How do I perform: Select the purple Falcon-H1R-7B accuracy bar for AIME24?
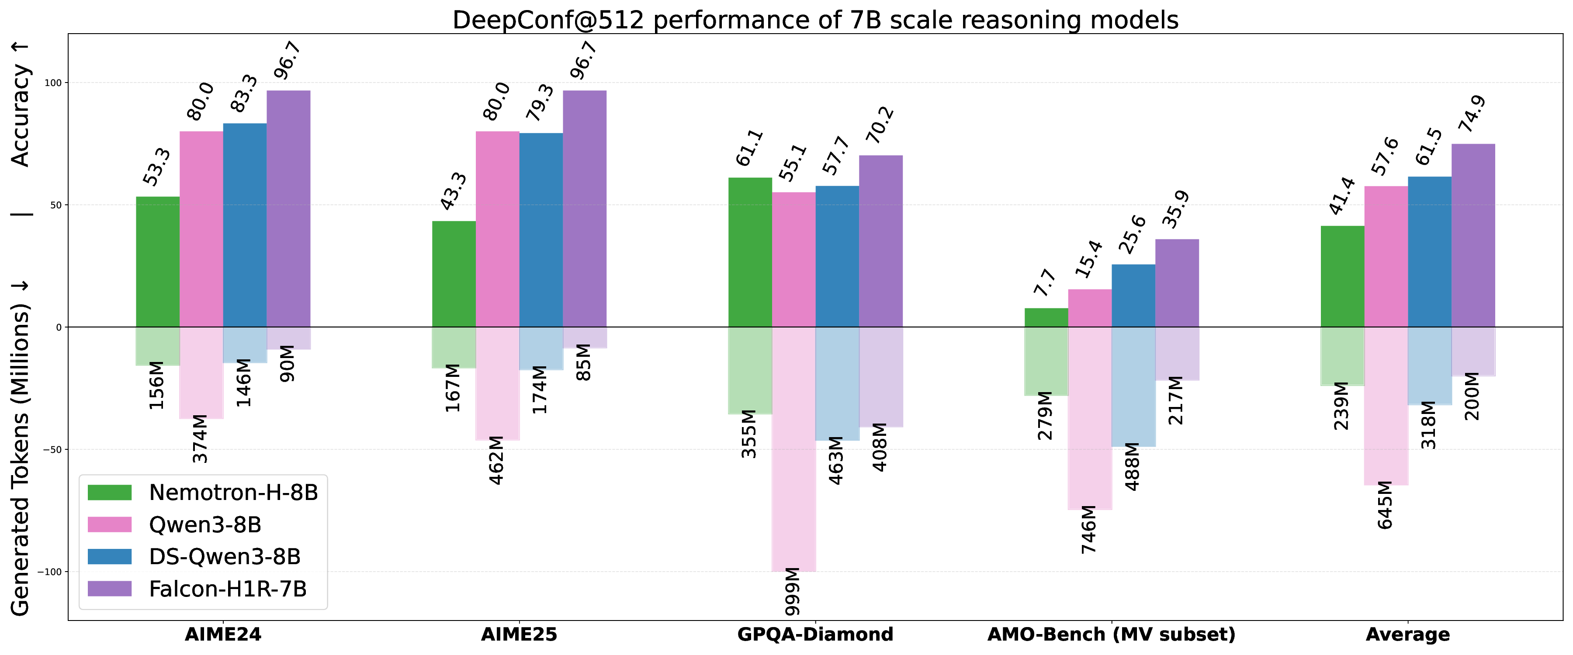point(288,207)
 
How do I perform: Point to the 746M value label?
point(1089,529)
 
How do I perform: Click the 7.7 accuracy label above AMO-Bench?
point(1045,283)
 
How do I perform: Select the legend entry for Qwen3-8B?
point(204,524)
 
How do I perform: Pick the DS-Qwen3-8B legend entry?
point(224,556)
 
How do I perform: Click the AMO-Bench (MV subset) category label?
point(1111,634)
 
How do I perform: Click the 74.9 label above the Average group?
point(1472,114)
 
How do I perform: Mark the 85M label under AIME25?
point(584,362)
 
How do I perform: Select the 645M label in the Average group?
point(1385,505)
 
